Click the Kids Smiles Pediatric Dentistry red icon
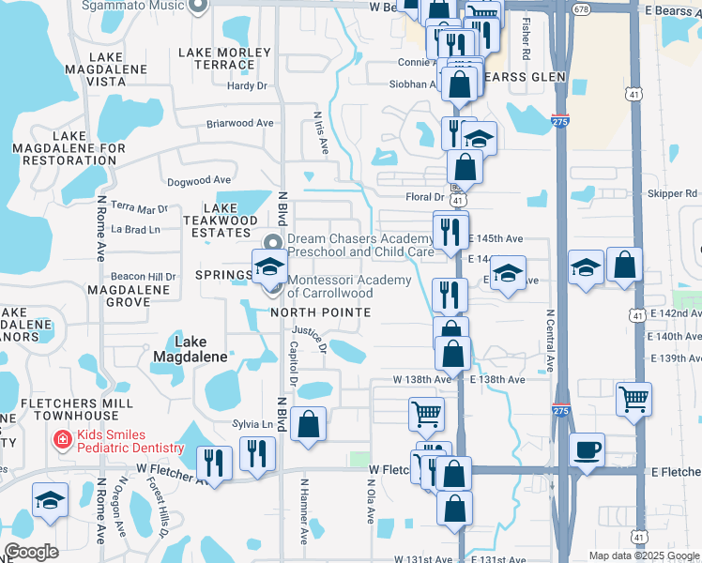pyautogui.click(x=62, y=439)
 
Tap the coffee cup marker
pyautogui.click(x=587, y=449)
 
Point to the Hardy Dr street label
pyautogui.click(x=248, y=85)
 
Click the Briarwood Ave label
pyautogui.click(x=239, y=123)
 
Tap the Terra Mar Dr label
pyautogui.click(x=139, y=207)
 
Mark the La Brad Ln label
pyautogui.click(x=135, y=229)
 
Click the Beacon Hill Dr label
pyautogui.click(x=144, y=277)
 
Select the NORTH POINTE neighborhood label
pyautogui.click(x=321, y=312)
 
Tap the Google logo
pyautogui.click(x=31, y=552)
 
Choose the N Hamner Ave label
pyautogui.click(x=304, y=512)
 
